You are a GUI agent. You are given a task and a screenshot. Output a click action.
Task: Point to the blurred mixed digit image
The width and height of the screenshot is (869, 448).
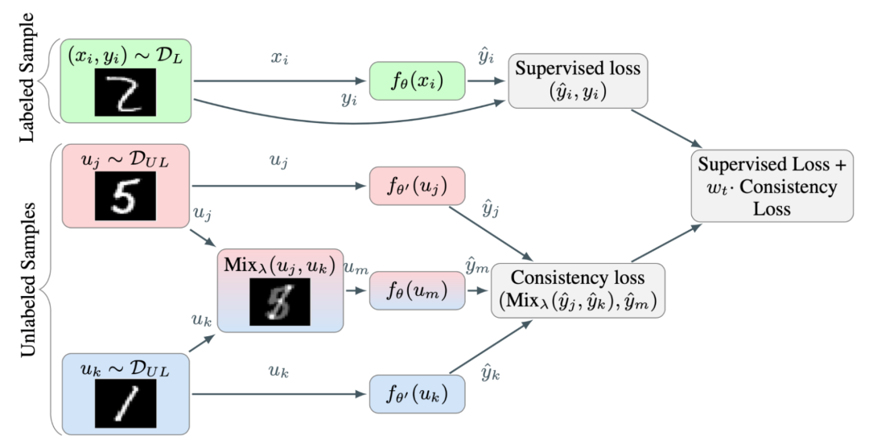click(x=278, y=301)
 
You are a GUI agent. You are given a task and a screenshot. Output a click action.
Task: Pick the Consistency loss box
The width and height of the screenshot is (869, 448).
click(x=578, y=290)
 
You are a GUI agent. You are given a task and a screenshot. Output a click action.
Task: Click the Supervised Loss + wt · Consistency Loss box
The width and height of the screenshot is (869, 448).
click(x=772, y=187)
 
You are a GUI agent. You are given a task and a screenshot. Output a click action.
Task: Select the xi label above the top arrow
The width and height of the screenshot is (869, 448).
click(x=278, y=58)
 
